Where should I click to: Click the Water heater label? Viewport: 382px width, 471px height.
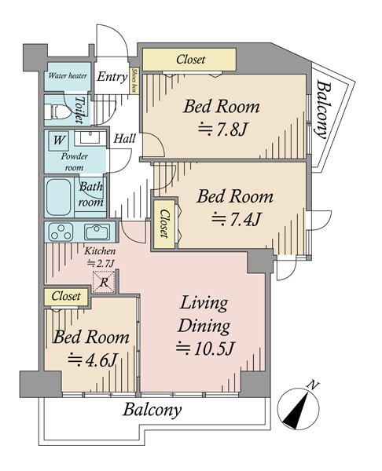(x=68, y=75)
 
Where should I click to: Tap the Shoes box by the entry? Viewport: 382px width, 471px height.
(x=134, y=81)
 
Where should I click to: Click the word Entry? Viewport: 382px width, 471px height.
(x=112, y=77)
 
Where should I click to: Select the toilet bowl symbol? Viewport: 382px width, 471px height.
(x=54, y=111)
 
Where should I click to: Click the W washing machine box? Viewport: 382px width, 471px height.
(x=59, y=140)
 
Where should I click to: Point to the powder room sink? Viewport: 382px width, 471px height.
(x=90, y=138)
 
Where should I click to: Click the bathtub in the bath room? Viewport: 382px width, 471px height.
(x=59, y=197)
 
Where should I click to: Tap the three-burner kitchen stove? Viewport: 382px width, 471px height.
(x=61, y=232)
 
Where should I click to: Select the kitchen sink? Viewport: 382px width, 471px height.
(x=97, y=232)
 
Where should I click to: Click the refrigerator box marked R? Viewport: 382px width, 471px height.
(x=104, y=282)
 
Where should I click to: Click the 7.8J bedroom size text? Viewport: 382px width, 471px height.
(x=222, y=130)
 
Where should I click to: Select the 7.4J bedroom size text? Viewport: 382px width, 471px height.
(x=236, y=219)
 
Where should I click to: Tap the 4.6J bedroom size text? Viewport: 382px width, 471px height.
(x=92, y=360)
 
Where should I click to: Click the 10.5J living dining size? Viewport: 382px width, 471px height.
(x=205, y=348)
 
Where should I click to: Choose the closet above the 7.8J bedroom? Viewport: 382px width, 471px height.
(x=189, y=60)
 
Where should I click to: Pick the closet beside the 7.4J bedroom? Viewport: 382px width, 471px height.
(x=164, y=224)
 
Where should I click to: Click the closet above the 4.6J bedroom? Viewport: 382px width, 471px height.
(x=66, y=297)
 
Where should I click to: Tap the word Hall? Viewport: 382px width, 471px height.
(x=124, y=138)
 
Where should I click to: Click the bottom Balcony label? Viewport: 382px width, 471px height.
(x=152, y=410)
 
